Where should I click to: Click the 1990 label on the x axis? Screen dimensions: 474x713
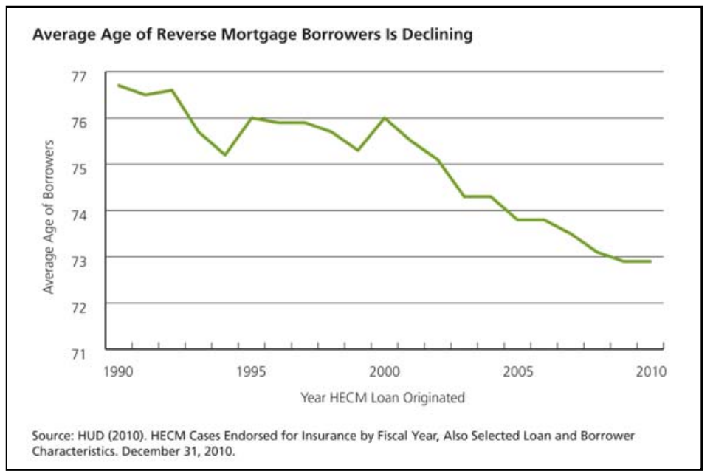119,371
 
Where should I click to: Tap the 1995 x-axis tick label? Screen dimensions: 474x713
252,371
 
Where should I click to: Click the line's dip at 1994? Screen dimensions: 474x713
225,154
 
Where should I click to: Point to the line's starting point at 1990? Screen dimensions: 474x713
119,86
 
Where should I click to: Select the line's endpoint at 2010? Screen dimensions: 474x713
650,261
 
